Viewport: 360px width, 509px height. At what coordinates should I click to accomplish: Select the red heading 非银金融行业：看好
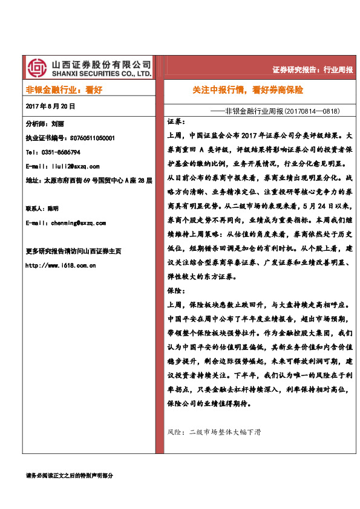(64, 89)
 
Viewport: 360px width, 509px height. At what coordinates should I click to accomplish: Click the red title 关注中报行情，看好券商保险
(247, 89)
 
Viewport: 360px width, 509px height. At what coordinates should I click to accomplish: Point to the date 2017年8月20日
(51, 106)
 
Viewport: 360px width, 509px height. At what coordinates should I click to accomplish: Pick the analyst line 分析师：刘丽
(45, 123)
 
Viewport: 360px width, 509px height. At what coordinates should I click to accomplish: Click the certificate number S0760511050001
(97, 138)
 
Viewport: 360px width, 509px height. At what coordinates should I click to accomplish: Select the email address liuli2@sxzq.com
(72, 166)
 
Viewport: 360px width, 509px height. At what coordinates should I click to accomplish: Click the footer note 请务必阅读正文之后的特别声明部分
(70, 476)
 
